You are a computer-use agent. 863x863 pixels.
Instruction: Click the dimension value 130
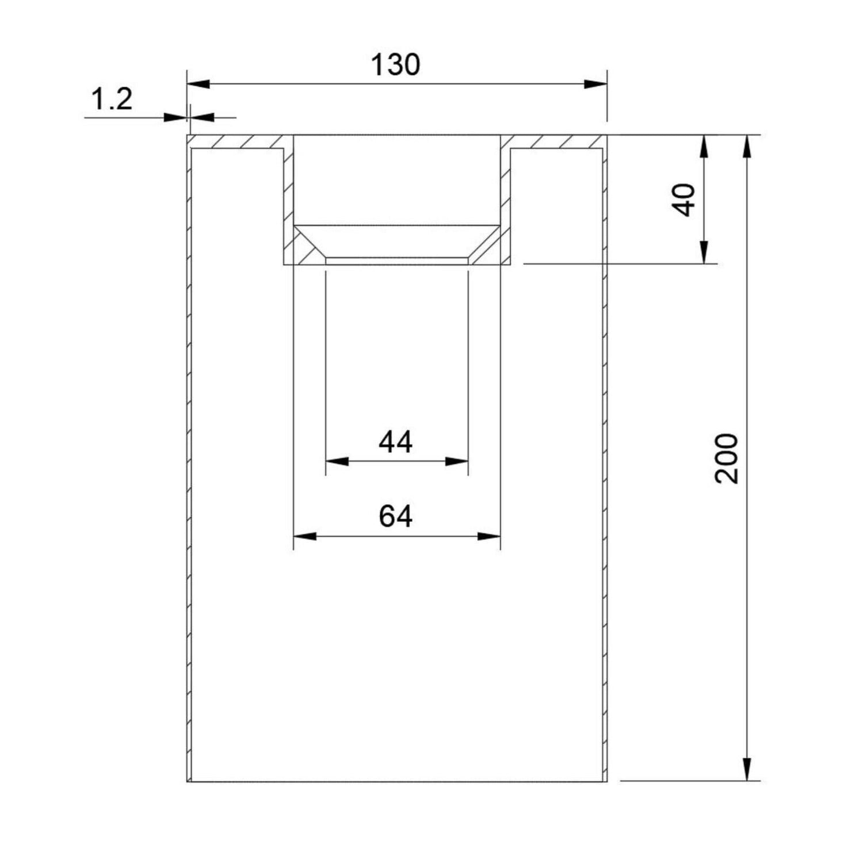click(395, 64)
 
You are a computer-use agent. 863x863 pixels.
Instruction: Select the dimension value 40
click(685, 200)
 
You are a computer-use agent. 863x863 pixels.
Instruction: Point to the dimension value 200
click(725, 459)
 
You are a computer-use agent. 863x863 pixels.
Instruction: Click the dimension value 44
click(396, 442)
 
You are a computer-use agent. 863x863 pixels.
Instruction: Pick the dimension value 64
click(396, 516)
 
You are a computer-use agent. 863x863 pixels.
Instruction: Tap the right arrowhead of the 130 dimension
click(595, 84)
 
